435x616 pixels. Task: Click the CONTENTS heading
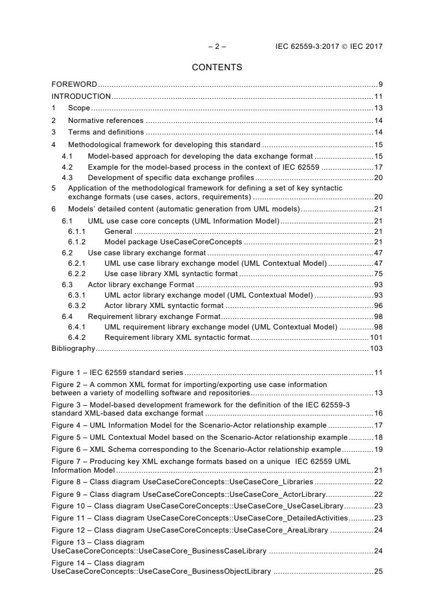click(217, 68)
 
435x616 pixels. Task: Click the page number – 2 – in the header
click(217, 47)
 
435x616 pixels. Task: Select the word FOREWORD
click(74, 84)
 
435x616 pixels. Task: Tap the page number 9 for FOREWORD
click(380, 84)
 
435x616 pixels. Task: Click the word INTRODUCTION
click(81, 96)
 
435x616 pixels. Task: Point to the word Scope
click(79, 108)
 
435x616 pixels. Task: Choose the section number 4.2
click(67, 167)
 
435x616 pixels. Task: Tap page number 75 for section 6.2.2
click(378, 274)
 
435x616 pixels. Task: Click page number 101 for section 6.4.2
click(376, 338)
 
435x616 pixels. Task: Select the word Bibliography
click(73, 348)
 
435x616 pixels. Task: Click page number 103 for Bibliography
click(376, 348)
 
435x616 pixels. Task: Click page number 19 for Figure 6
click(378, 449)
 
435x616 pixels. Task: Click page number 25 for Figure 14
click(378, 572)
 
